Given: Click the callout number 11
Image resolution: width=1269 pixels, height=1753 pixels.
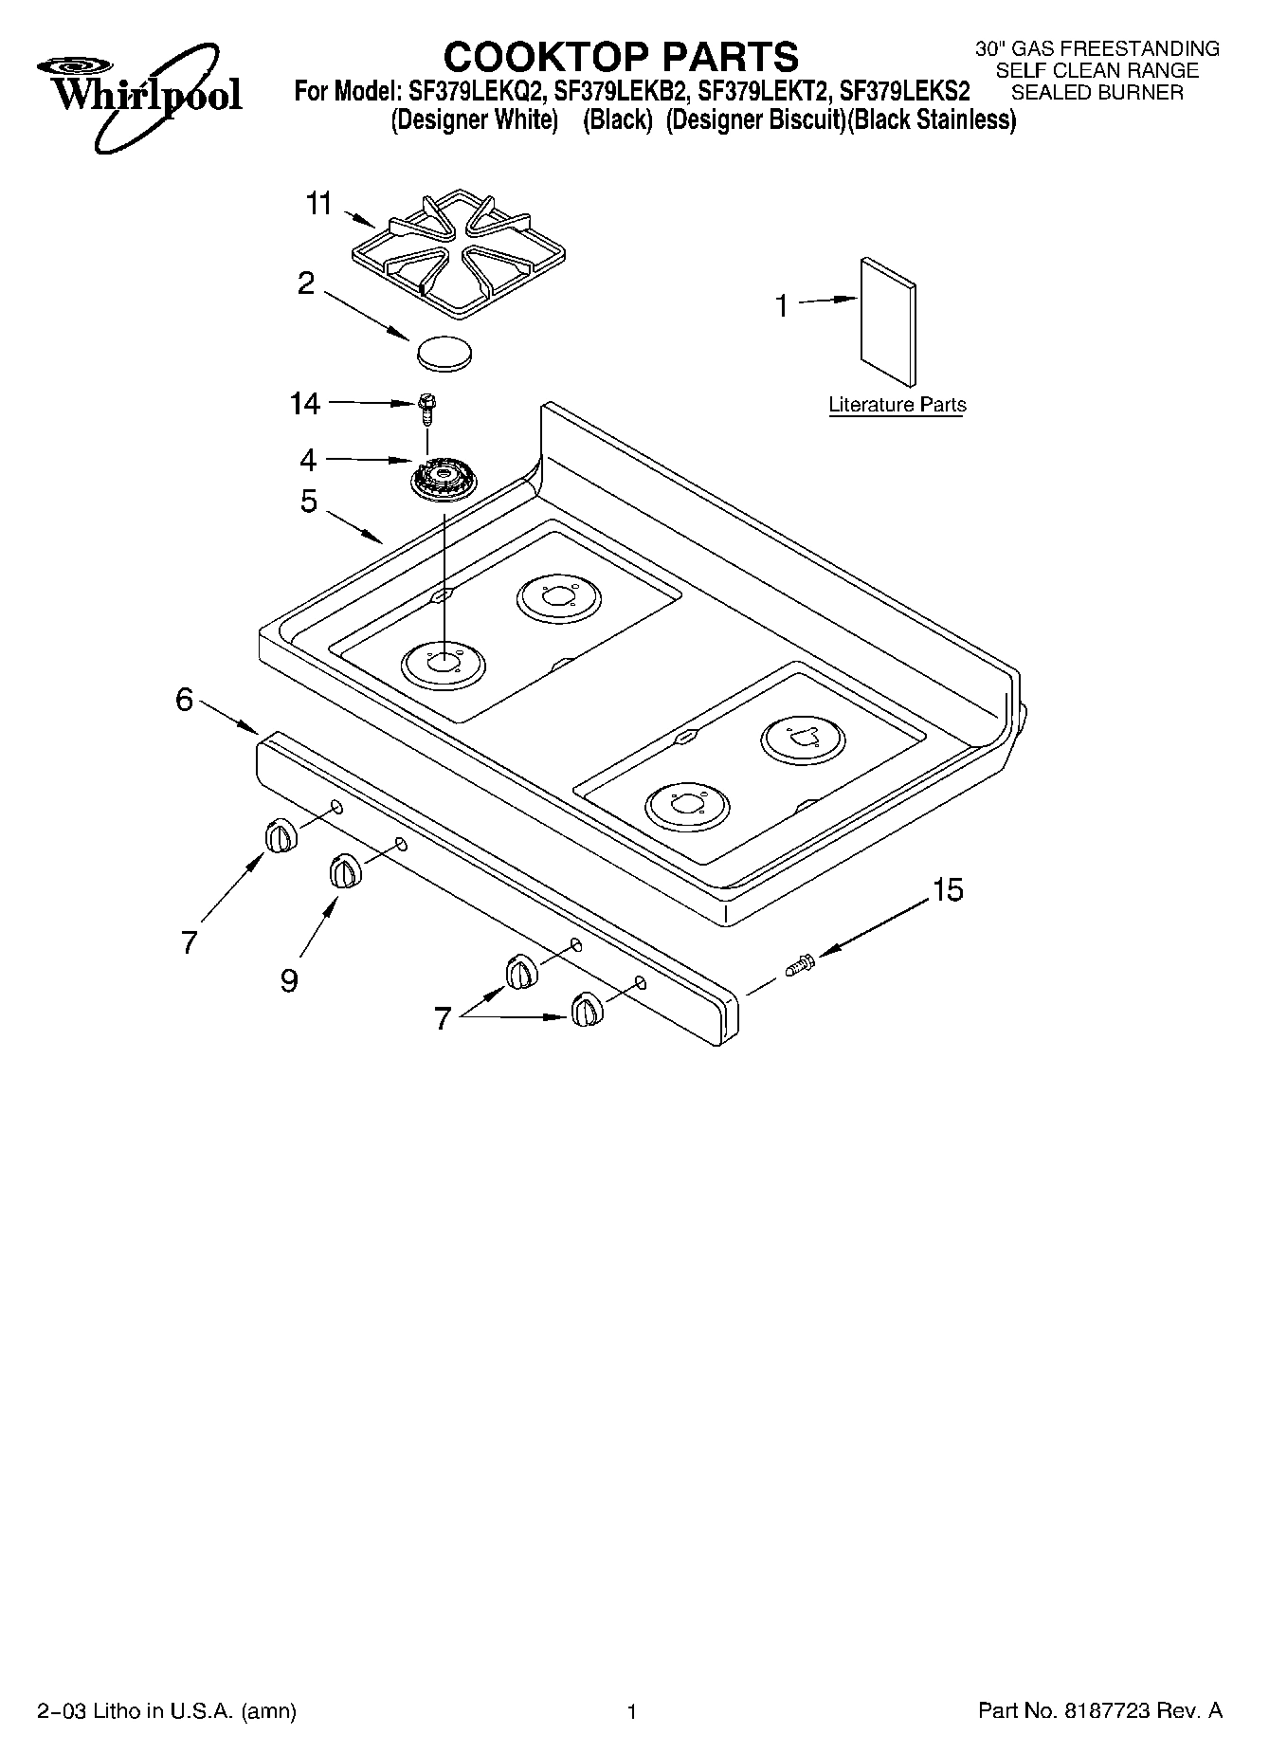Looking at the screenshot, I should (x=319, y=203).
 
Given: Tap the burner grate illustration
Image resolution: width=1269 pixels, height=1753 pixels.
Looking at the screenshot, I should (x=460, y=254).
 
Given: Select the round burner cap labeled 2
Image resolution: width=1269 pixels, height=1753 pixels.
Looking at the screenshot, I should (x=444, y=352).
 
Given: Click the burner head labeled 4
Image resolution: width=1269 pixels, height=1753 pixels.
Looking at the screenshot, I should (x=444, y=475).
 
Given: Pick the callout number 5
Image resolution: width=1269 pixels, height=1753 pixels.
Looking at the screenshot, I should (x=309, y=501).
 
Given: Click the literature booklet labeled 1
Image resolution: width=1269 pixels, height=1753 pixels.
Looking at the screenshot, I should (x=888, y=321).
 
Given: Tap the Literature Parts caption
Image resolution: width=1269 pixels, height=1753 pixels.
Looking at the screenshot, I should (x=897, y=405).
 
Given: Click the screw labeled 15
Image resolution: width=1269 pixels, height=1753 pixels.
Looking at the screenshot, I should (x=800, y=966).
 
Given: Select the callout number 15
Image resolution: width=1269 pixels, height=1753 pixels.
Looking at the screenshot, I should (x=947, y=890).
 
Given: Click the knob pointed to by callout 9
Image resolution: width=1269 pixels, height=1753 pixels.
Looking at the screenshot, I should (x=345, y=871).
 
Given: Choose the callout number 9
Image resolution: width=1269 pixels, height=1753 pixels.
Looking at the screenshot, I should (x=289, y=979).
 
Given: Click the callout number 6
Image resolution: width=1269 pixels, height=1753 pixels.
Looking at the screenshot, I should (x=184, y=700).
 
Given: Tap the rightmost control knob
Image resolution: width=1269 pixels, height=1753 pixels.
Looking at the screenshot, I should (x=585, y=1010).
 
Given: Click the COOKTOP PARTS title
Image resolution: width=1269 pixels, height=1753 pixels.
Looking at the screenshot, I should (x=621, y=57).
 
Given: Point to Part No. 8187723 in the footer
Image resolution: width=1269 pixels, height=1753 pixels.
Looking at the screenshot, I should (x=1099, y=1710).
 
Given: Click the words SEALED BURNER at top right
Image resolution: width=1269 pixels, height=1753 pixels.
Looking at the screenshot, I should (x=1097, y=93).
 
